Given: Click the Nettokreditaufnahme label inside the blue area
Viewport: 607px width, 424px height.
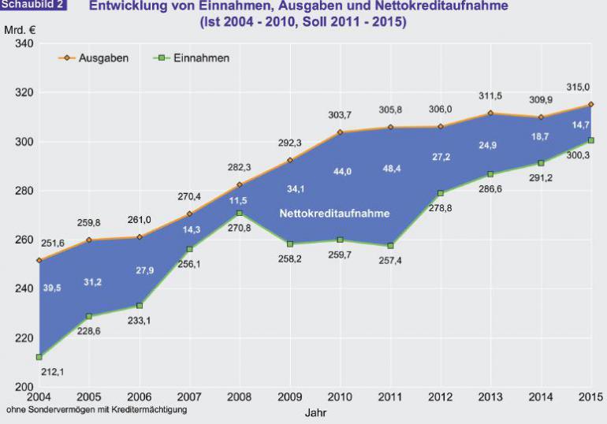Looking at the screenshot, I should [335, 213].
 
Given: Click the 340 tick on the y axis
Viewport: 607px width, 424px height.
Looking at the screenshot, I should [23, 44].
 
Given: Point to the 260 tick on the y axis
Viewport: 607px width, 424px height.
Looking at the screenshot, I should [23, 240].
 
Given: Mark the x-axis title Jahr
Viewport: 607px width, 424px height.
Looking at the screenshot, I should [315, 412].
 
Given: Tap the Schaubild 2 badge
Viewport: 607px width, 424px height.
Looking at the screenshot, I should [32, 6].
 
